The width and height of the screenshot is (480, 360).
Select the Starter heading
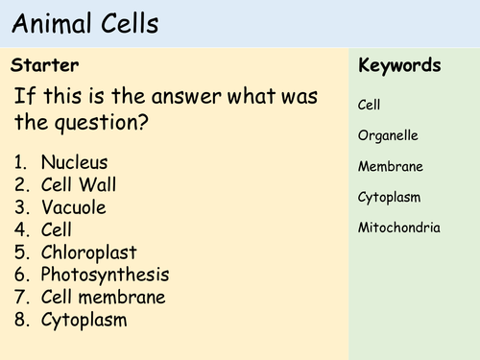point(44,65)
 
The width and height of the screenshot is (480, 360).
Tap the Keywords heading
point(398,65)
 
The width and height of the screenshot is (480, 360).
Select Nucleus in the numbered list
point(75,162)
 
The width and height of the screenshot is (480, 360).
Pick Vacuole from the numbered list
point(74,207)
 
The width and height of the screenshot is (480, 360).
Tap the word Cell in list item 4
point(58,230)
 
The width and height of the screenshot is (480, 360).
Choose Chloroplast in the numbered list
point(89,252)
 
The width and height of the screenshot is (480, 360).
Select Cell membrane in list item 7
point(104,298)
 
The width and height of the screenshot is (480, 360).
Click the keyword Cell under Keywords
point(370,104)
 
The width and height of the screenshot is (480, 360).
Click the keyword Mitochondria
point(398,228)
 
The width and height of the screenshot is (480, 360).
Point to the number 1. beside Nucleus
point(24,162)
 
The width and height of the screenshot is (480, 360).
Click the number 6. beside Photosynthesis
point(24,275)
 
